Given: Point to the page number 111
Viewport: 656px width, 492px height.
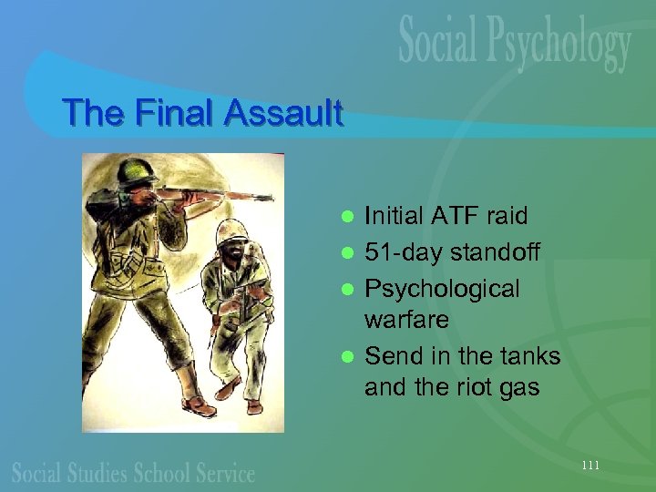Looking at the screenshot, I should (590, 466).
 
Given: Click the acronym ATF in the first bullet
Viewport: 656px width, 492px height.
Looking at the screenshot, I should (450, 217).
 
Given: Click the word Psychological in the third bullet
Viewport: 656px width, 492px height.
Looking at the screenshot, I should (441, 290).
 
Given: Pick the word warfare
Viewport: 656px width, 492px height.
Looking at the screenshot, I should (406, 320).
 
